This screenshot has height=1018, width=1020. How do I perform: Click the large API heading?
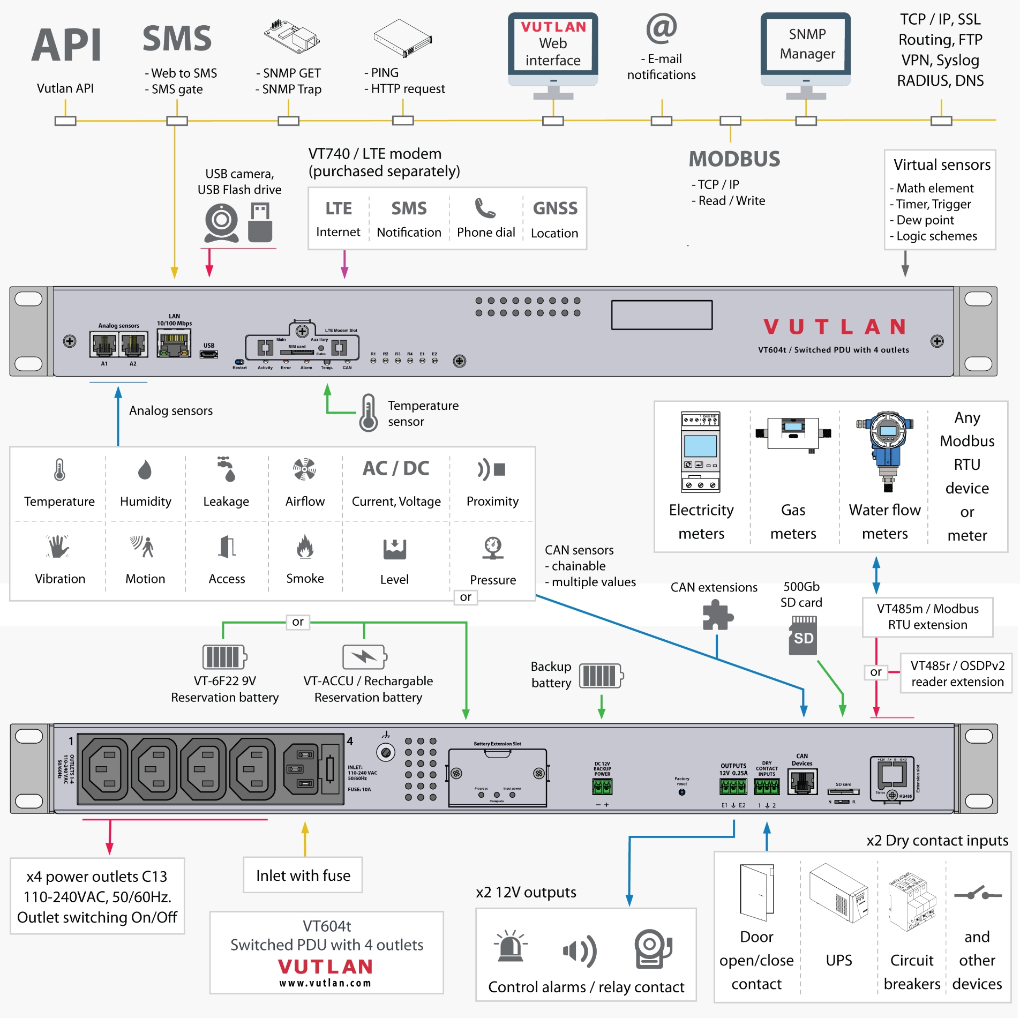66,46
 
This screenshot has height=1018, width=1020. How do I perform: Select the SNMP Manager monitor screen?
806,44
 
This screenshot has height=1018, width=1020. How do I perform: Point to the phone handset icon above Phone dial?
485,208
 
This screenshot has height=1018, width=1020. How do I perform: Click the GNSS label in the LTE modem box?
555,208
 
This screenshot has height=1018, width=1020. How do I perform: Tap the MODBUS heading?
734,159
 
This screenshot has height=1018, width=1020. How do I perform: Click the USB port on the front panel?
209,354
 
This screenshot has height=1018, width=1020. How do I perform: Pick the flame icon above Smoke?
305,547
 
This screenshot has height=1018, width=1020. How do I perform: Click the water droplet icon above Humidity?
145,470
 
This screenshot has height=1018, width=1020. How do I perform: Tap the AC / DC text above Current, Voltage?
396,468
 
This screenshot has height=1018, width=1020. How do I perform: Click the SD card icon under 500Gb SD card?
803,635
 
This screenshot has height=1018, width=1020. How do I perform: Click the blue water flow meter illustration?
887,450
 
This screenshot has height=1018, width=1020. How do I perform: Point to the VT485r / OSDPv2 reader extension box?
957,673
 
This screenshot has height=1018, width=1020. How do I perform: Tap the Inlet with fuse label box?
303,875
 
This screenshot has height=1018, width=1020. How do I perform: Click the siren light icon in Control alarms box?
511,946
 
